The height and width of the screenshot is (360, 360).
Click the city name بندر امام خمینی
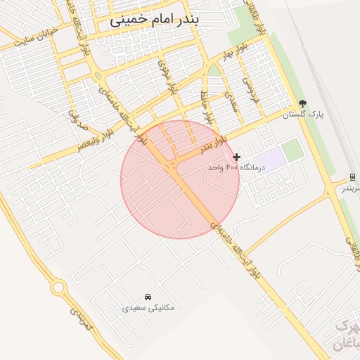point(154,20)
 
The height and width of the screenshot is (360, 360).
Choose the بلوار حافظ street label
point(205,106)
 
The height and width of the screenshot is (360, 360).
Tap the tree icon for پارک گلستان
point(302,103)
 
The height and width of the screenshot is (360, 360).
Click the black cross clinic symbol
point(237,157)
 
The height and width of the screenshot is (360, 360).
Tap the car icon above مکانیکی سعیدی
point(148,296)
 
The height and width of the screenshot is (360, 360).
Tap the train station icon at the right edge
point(352,176)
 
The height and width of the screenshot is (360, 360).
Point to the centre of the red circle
point(180,179)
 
